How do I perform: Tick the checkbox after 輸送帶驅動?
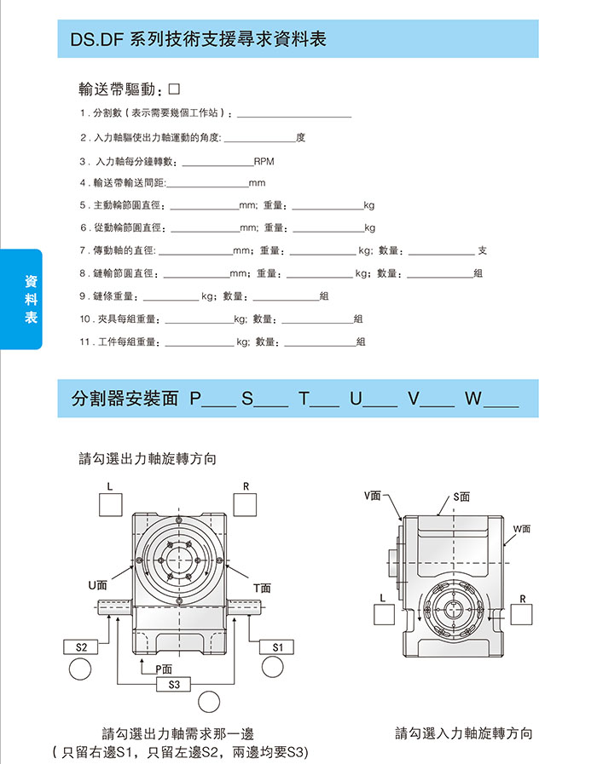pos(175,89)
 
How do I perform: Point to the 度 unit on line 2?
pos(301,137)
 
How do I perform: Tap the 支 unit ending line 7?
pos(483,250)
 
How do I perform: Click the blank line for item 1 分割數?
pos(294,114)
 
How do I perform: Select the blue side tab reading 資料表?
pos(31,298)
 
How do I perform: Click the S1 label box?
pos(277,647)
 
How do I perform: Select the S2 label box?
pos(81,647)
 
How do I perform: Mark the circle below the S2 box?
pos(81,670)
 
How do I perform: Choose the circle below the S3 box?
pos(208,703)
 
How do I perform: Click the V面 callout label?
pos(373,495)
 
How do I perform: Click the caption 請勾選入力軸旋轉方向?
pos(464,733)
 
